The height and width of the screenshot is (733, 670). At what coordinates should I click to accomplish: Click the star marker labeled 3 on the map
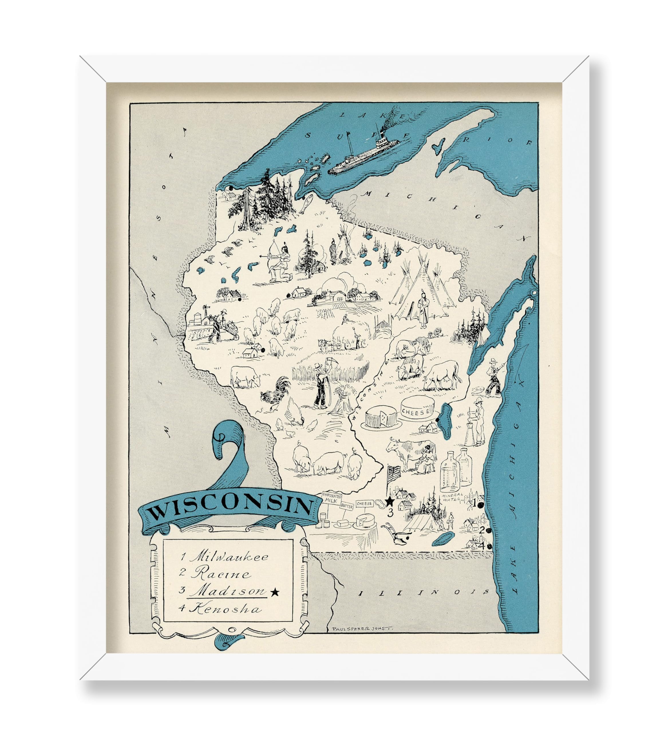click(x=389, y=502)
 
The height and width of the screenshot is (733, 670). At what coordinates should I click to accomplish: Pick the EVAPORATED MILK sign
click(x=331, y=498)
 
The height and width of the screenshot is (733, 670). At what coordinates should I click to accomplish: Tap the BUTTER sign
click(x=347, y=506)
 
